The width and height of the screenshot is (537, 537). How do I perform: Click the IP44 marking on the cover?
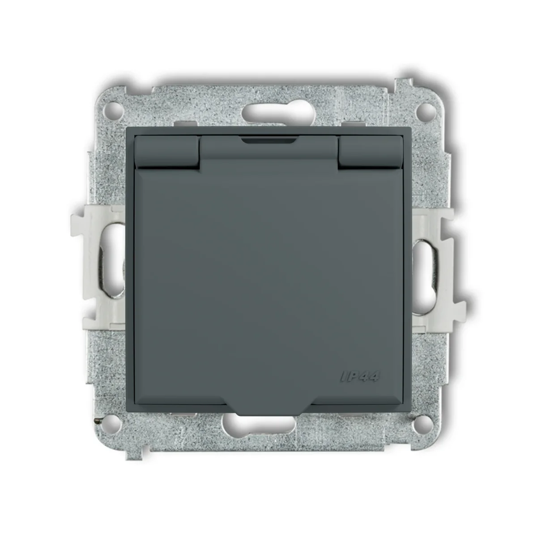[359, 377]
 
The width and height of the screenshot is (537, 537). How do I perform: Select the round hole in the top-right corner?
[424, 108]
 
